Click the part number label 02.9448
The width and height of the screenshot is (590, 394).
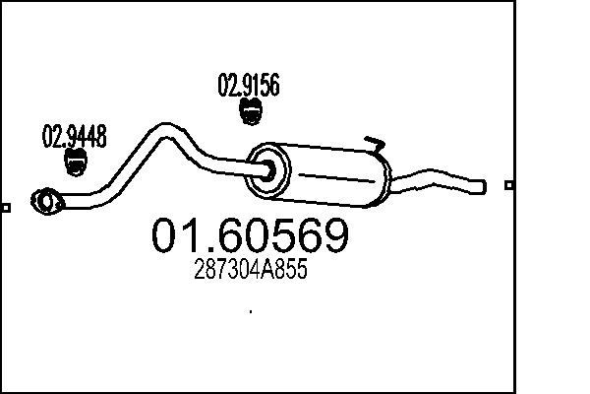pos(74,137)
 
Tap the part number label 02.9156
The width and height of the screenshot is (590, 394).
pos(248,86)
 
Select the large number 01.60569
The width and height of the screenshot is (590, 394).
pos(249,236)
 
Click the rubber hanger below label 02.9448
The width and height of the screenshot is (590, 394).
pos(74,164)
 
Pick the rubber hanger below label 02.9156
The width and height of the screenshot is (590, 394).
pos(251,113)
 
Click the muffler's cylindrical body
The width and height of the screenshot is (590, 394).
pos(329,176)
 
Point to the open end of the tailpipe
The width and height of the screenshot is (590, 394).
pos(482,183)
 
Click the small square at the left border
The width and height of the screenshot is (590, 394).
pos(6,207)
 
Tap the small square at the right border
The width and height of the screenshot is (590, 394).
pos(508,184)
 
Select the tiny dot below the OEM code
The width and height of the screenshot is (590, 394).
pos(252,311)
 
